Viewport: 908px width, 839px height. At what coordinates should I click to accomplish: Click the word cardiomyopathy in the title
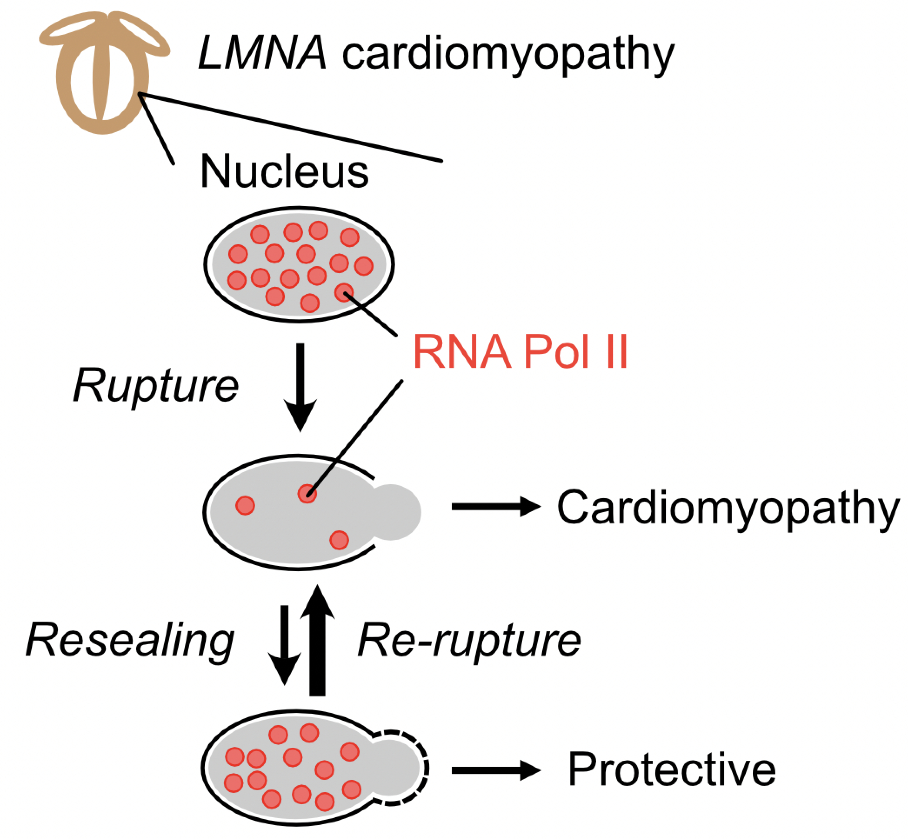click(508, 57)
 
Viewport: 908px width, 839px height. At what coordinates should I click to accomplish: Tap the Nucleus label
click(284, 171)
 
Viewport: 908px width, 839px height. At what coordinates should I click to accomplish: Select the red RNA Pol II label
click(521, 352)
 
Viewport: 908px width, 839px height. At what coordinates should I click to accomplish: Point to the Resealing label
click(130, 641)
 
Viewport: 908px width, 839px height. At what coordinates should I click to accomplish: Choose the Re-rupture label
click(469, 641)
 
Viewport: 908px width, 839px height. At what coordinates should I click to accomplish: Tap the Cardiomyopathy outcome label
click(728, 508)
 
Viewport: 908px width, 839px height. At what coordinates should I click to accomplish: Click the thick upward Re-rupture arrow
click(317, 641)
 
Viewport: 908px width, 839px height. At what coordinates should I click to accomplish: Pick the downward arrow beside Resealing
click(284, 645)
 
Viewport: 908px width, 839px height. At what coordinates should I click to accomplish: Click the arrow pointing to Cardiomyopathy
click(496, 507)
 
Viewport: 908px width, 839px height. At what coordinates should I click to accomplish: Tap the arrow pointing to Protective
click(496, 770)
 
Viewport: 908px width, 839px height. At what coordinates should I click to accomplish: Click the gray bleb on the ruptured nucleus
click(395, 513)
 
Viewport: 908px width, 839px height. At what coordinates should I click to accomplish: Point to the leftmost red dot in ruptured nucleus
click(245, 505)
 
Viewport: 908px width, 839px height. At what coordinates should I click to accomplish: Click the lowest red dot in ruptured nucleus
click(339, 540)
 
